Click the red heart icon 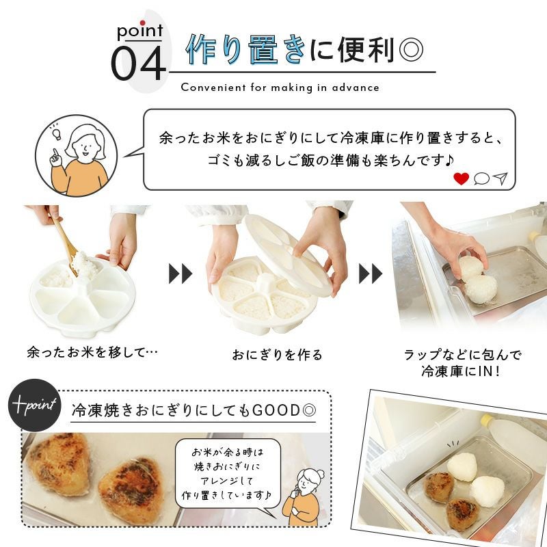(x=461, y=178)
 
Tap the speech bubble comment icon (x=481, y=178)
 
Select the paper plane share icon (x=501, y=178)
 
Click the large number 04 (x=138, y=63)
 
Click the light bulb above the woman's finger (x=56, y=132)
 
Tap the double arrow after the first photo (x=181, y=273)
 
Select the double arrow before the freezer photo (x=371, y=273)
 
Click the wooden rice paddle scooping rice (x=67, y=244)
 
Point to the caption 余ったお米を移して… (x=92, y=352)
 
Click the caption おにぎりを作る (x=278, y=355)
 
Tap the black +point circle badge (x=34, y=405)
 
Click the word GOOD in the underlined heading (x=276, y=410)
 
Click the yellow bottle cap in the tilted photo (x=487, y=419)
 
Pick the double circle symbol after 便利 (x=411, y=50)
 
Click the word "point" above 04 (x=140, y=31)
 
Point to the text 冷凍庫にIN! (x=460, y=371)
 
